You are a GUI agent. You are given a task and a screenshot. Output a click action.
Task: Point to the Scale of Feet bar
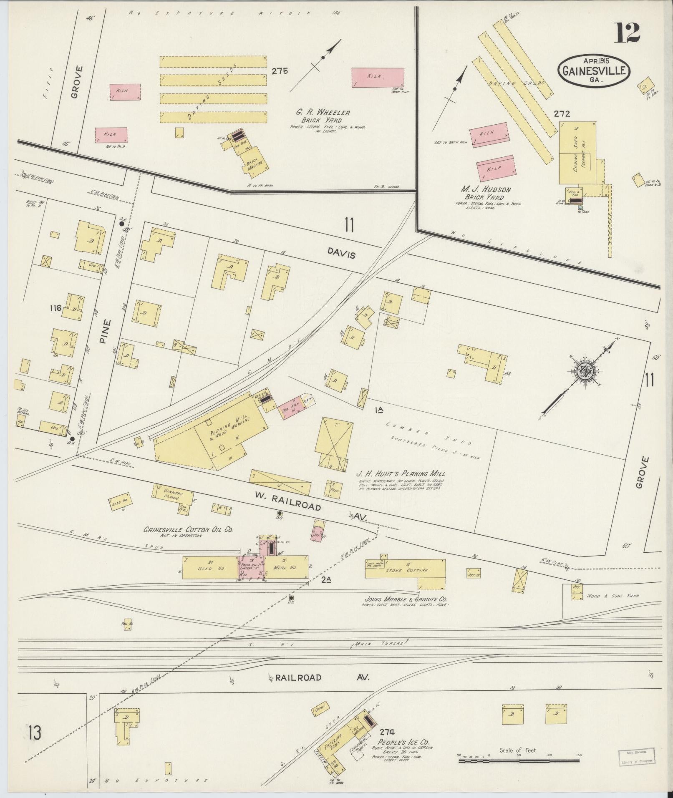pyautogui.click(x=519, y=761)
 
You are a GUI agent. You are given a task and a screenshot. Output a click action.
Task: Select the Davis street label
pyautogui.click(x=341, y=253)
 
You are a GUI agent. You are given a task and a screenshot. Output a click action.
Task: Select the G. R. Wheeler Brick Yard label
pyautogui.click(x=323, y=116)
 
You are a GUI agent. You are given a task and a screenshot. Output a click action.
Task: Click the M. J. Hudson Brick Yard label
pyautogui.click(x=487, y=193)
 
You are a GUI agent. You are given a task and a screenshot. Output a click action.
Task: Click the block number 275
pyautogui.click(x=279, y=71)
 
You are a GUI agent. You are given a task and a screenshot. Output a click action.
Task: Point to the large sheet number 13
pyautogui.click(x=35, y=733)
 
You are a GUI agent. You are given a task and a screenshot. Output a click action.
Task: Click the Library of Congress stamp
pyautogui.click(x=636, y=755)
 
